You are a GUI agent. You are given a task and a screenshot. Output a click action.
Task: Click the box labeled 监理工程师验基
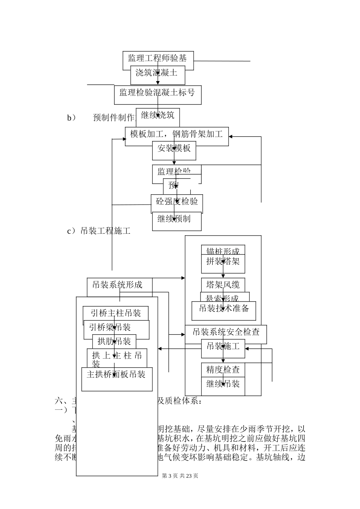pyautogui.click(x=158, y=58)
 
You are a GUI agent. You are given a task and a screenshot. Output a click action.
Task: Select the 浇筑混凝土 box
pyautogui.click(x=158, y=75)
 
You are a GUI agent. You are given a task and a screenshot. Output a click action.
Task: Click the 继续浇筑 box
pyautogui.click(x=158, y=116)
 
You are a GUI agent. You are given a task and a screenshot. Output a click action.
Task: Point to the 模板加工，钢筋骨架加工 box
pyautogui.click(x=177, y=135)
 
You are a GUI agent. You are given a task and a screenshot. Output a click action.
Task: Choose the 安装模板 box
pyautogui.click(x=174, y=150)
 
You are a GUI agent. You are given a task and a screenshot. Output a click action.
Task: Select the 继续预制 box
pyautogui.click(x=177, y=220)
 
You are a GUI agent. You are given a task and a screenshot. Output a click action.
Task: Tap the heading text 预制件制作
pyautogui.click(x=114, y=117)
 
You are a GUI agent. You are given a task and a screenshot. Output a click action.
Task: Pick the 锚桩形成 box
pyautogui.click(x=223, y=250)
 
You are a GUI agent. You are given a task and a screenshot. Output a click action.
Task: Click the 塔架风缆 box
pyautogui.click(x=223, y=285)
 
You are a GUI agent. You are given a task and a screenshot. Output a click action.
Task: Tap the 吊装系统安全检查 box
pyautogui.click(x=226, y=333)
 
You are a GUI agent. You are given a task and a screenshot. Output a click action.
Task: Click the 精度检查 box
pyautogui.click(x=223, y=370)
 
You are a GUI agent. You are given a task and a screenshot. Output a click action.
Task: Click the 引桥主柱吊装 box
pyautogui.click(x=116, y=314)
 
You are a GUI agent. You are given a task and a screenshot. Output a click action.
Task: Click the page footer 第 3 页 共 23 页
pyautogui.click(x=180, y=476)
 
